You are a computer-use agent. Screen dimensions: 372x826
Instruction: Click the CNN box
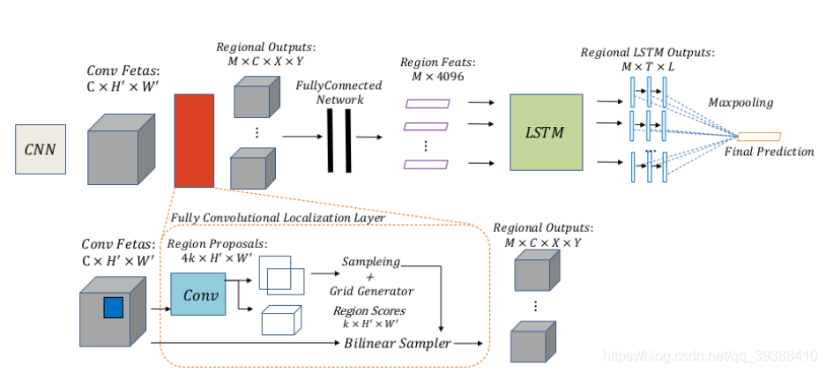pyautogui.click(x=39, y=148)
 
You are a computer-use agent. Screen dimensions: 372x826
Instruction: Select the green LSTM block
pyautogui.click(x=547, y=132)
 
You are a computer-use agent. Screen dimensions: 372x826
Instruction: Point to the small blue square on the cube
pyautogui.click(x=113, y=307)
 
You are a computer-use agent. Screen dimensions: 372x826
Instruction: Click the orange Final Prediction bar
pyautogui.click(x=759, y=137)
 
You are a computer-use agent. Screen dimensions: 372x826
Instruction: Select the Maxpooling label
pyautogui.click(x=740, y=103)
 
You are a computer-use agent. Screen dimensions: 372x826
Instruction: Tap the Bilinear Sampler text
pyautogui.click(x=398, y=342)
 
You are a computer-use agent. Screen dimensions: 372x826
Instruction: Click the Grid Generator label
pyautogui.click(x=371, y=290)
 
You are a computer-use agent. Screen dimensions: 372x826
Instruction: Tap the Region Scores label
pyautogui.click(x=368, y=311)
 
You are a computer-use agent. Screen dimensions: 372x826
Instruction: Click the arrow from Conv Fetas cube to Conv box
pyautogui.click(x=160, y=309)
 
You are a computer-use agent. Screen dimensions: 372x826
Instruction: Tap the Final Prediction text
pyautogui.click(x=769, y=152)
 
